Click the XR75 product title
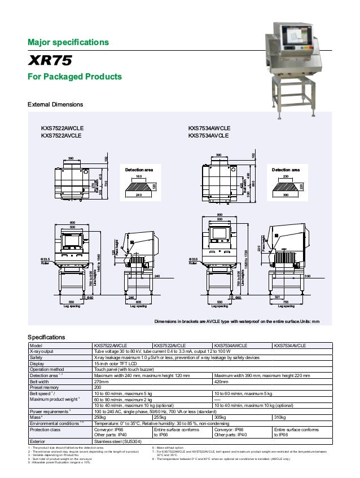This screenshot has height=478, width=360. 49,60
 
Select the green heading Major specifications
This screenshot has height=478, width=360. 68,42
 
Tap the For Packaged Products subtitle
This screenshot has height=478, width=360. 74,77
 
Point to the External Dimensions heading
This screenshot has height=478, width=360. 55,105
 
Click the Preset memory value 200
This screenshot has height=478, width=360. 98,387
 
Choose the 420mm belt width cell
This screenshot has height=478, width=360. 222,381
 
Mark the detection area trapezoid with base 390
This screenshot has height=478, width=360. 285,187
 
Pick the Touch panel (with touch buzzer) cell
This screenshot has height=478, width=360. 124,369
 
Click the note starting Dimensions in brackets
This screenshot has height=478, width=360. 237,321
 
